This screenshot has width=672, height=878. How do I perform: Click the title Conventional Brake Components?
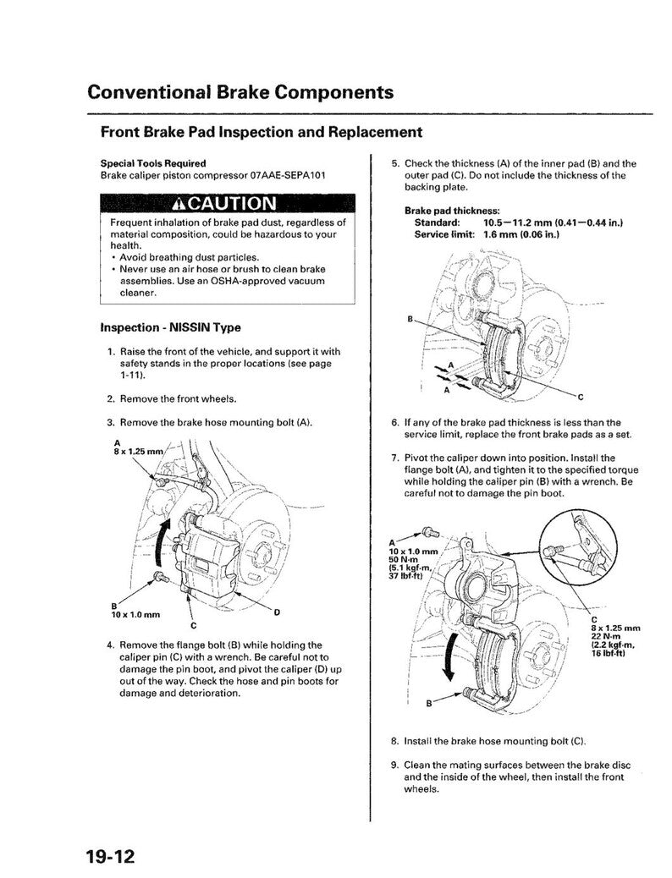coord(240,91)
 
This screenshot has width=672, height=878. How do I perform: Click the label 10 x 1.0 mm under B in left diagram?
coord(135,614)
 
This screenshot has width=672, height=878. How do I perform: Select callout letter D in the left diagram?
coord(277,611)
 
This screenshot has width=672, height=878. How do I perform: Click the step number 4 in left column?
coord(110,645)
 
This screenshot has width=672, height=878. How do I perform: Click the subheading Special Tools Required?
coord(152,162)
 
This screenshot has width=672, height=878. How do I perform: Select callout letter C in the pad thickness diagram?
coord(580,395)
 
